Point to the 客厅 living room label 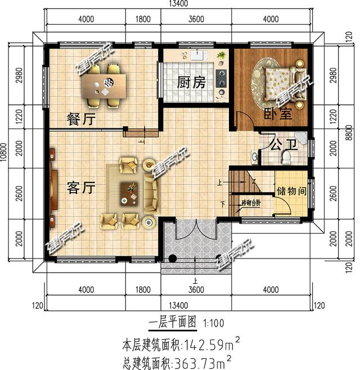pyautogui.click(x=80, y=188)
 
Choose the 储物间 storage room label pyautogui.click(x=292, y=191)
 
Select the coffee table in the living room pyautogui.click(x=129, y=193)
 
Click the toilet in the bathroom pyautogui.click(x=287, y=157)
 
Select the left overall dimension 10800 pyautogui.click(x=4, y=161)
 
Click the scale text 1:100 pyautogui.click(x=214, y=324)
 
